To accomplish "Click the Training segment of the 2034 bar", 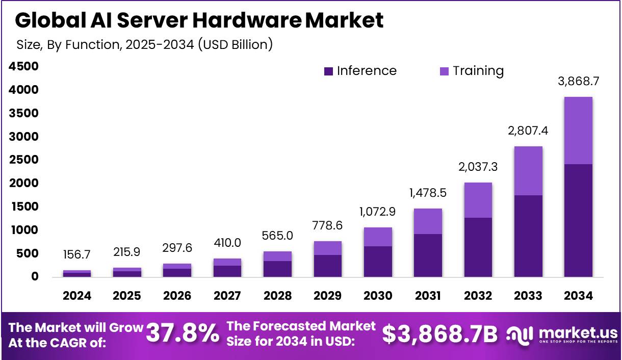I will point(578,131).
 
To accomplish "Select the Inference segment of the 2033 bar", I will point(528,236).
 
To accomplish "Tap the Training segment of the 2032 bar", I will point(478,200).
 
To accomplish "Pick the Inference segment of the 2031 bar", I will point(428,255).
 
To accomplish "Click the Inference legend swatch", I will point(328,71).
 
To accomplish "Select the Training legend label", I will point(478,71).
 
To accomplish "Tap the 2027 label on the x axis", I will point(227,296).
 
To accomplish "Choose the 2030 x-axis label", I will point(378,296).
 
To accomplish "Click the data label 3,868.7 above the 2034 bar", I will point(578,81).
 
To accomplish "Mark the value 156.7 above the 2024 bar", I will point(77,254).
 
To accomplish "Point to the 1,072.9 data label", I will point(378,211).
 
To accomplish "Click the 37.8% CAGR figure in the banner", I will point(183,334).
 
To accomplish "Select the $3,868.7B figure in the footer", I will point(440,335).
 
